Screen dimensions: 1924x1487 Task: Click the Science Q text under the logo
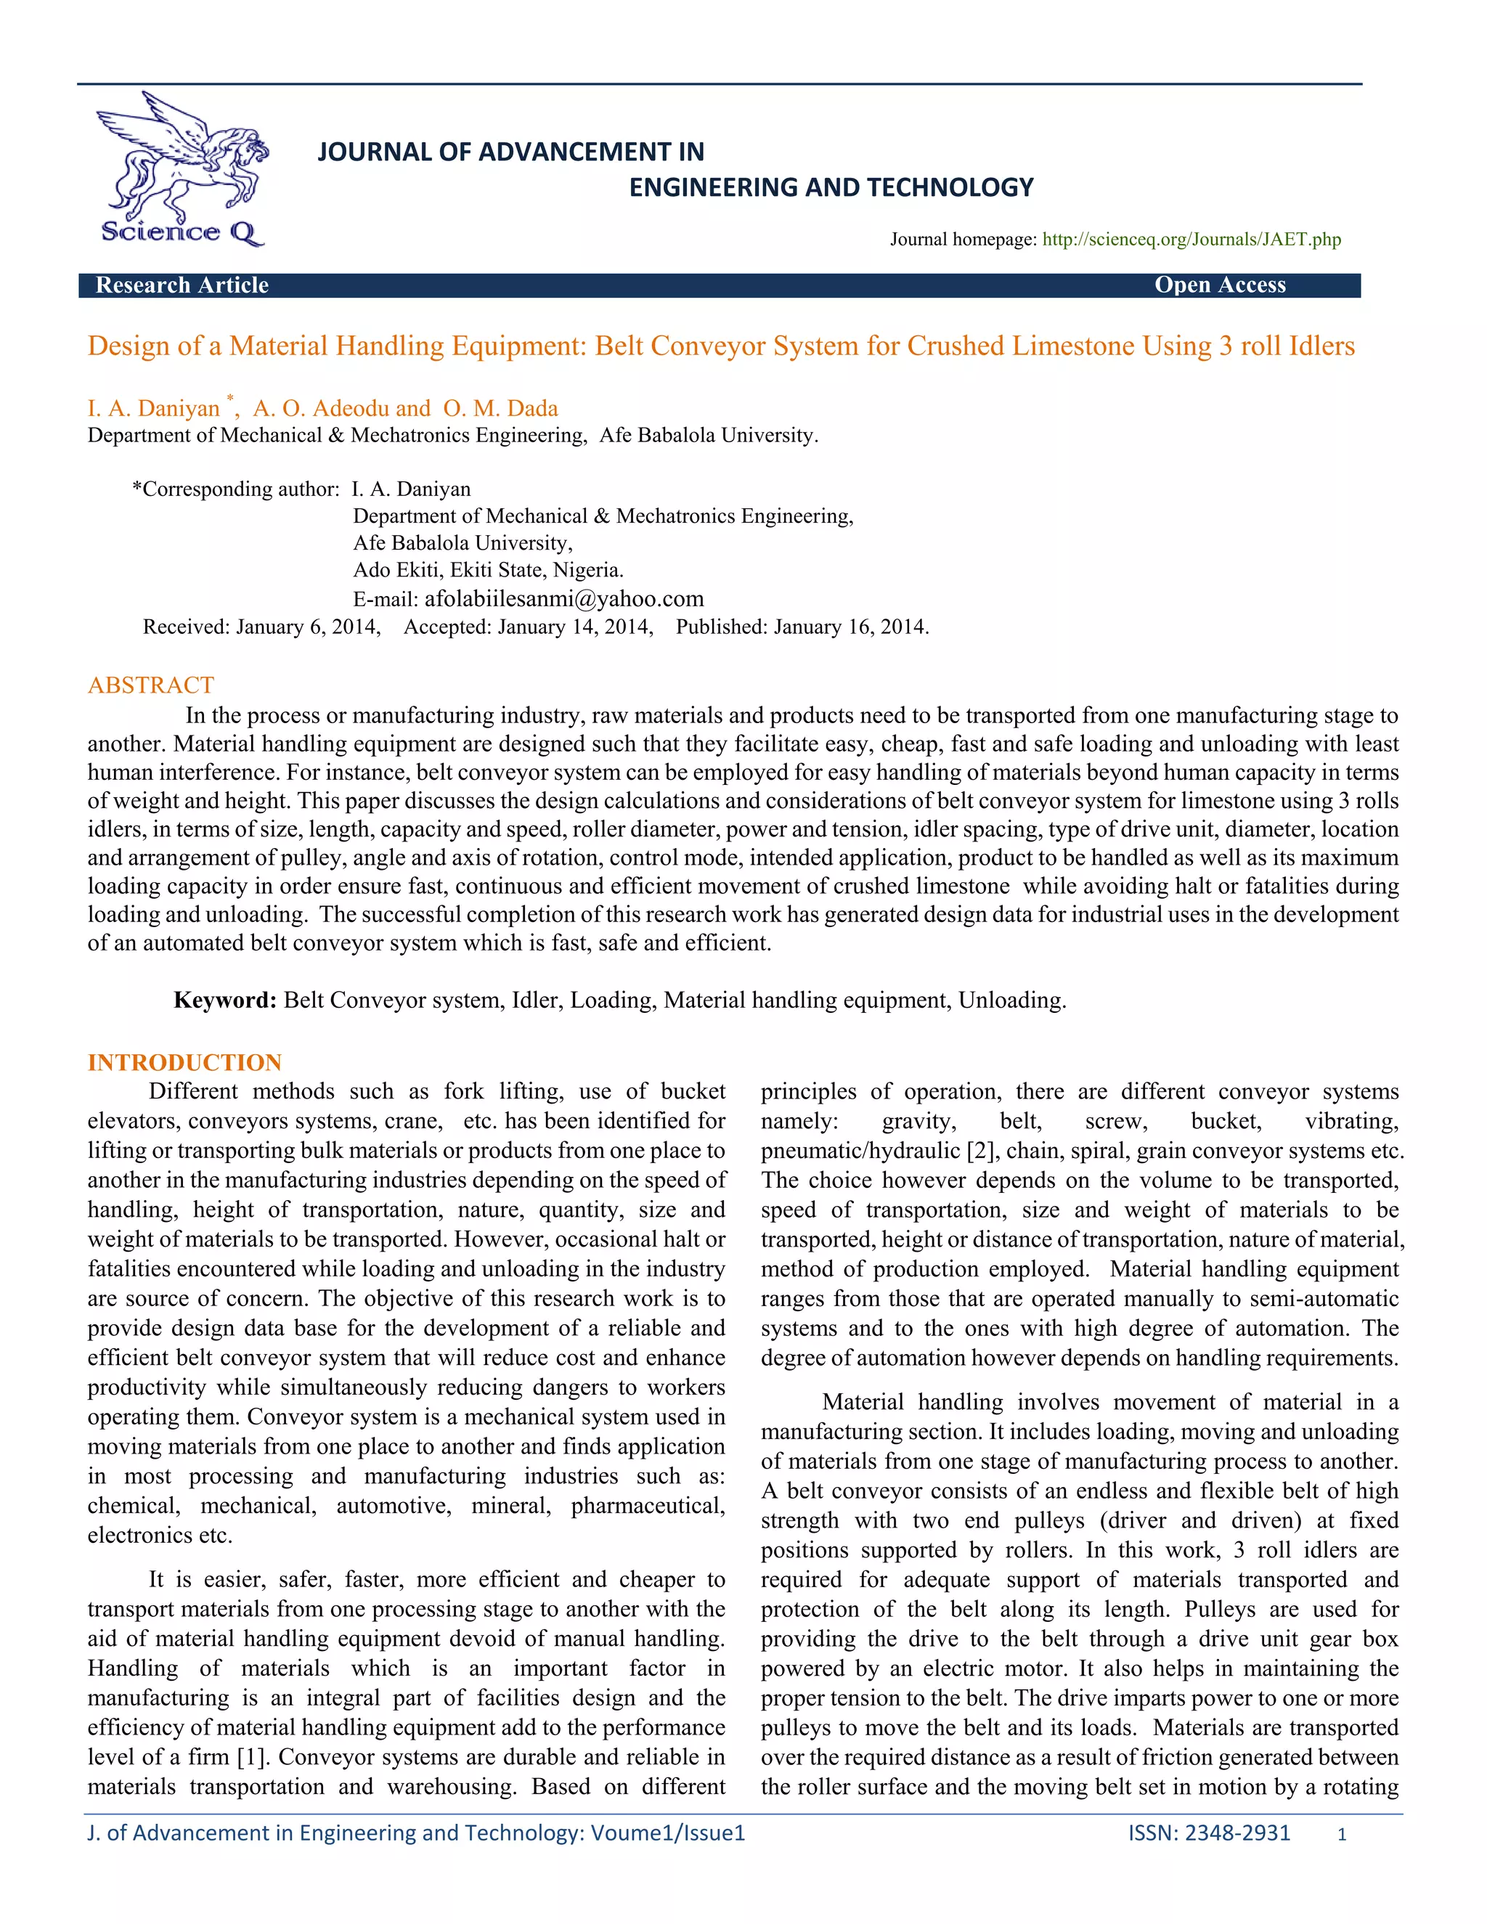tap(181, 232)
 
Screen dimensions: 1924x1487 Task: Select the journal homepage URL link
tap(1191, 240)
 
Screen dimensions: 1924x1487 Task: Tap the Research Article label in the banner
tap(182, 285)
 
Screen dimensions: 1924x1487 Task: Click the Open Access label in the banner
tap(1219, 285)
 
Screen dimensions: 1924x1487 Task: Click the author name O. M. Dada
tap(500, 409)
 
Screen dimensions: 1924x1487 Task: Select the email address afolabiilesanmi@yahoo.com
tap(563, 599)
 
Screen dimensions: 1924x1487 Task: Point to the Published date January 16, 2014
tap(850, 627)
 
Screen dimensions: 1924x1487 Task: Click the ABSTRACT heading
tap(150, 685)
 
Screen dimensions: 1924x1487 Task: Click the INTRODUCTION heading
tap(184, 1062)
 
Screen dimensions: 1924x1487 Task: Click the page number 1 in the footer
tap(1342, 1835)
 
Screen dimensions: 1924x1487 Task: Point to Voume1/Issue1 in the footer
tap(667, 1833)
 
